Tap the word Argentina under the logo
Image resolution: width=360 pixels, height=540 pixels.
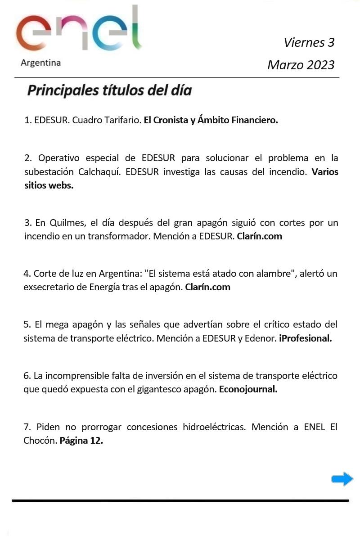40,63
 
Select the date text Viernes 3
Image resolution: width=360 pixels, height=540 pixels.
309,42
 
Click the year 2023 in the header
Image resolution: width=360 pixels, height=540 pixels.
320,65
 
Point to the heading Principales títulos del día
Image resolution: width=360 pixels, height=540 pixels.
109,90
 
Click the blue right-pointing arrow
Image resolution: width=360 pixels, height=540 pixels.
342,479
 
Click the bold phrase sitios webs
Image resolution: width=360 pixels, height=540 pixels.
49,185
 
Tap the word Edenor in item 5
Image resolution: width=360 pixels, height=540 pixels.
260,338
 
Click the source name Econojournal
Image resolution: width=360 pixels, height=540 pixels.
248,389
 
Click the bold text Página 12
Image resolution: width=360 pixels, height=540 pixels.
81,441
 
